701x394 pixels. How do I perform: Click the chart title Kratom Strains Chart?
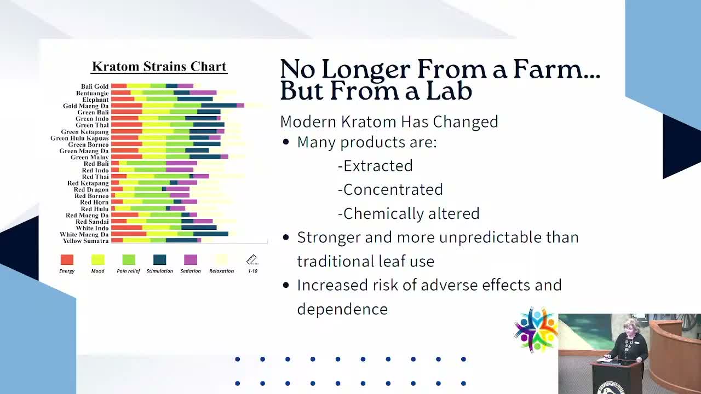(159, 67)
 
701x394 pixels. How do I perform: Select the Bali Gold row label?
(95, 86)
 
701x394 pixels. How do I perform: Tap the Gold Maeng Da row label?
(85, 106)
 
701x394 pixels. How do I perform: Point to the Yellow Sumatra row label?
(85, 241)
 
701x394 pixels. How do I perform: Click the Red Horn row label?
(94, 202)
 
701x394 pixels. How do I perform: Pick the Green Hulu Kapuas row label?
(79, 138)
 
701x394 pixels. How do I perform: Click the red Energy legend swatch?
(67, 260)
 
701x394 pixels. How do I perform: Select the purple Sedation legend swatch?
(191, 260)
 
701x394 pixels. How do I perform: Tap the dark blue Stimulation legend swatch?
(159, 260)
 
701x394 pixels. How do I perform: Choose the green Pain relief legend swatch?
(129, 260)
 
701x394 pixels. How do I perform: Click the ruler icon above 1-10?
(252, 260)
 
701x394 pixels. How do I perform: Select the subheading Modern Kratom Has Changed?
(389, 121)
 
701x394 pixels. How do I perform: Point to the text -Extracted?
(375, 166)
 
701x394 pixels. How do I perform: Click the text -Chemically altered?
(409, 213)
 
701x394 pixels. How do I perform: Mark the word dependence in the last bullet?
(342, 309)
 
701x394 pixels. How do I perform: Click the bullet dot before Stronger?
(286, 238)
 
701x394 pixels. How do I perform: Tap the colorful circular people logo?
(536, 329)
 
